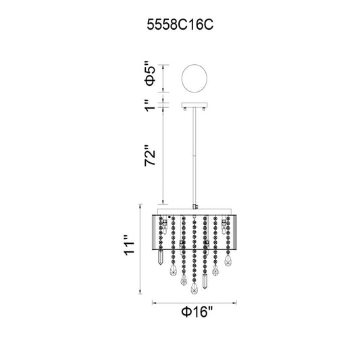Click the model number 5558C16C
click(x=180, y=24)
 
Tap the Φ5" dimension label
click(x=150, y=74)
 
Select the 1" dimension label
click(x=151, y=105)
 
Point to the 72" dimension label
click(x=150, y=155)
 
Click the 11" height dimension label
click(x=129, y=245)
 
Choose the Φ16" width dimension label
click(x=197, y=312)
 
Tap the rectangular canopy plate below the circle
click(x=195, y=105)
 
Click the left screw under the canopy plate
click(x=185, y=109)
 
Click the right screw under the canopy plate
click(x=204, y=109)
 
